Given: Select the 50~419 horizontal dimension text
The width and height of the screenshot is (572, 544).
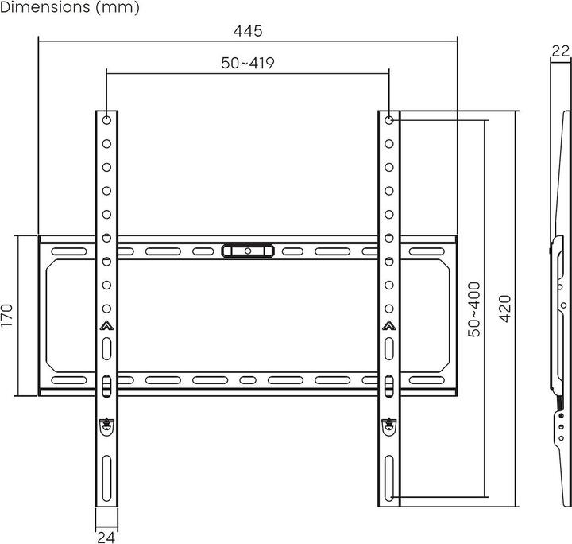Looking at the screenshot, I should point(247,63).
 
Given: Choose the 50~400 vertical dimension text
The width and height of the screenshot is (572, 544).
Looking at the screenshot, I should point(474,309).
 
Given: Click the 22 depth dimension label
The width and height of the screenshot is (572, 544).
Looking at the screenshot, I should point(560,50).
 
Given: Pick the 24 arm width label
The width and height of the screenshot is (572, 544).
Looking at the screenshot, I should point(106,537).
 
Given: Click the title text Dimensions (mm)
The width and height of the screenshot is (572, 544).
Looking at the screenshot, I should point(70,9).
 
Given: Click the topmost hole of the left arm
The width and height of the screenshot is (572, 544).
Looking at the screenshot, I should point(106,120).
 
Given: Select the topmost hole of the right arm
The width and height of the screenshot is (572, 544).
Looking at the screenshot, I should point(388,120).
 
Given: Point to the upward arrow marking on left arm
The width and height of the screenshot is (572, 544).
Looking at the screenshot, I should point(106,324).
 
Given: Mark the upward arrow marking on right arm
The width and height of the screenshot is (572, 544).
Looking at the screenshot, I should point(388,324).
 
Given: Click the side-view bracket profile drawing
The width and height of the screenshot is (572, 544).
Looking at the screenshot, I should point(558,318).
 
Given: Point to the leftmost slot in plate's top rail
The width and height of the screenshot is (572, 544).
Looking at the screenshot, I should point(68,251).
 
